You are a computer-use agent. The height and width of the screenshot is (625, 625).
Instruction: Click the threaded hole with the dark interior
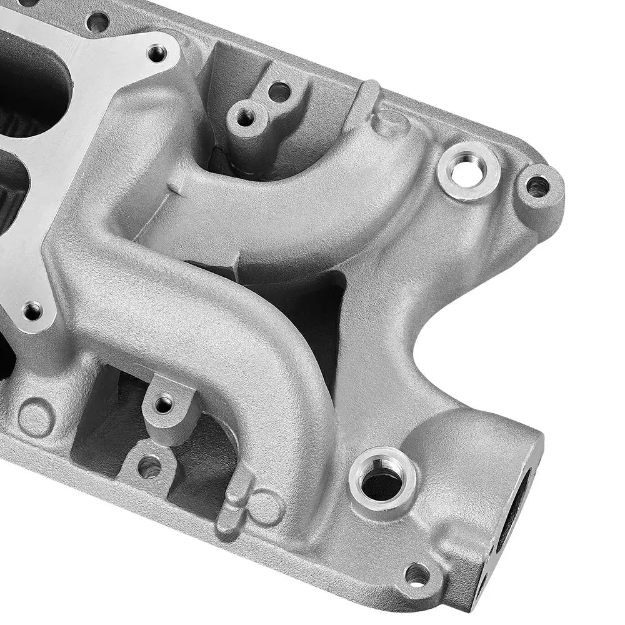(x=382, y=481)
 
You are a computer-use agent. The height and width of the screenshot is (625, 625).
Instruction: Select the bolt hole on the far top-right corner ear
(x=537, y=186)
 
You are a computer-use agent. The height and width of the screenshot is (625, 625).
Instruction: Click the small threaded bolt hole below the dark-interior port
(x=417, y=574)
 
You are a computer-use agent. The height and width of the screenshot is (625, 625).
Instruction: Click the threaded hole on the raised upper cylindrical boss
(x=246, y=116)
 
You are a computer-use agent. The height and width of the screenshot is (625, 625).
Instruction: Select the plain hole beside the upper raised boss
(x=279, y=92)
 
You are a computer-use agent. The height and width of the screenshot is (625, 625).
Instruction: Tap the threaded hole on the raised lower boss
(x=164, y=404)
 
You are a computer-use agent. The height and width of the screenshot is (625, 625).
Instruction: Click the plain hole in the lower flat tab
(x=149, y=466)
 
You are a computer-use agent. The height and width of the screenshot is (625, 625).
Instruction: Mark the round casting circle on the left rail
(x=36, y=417)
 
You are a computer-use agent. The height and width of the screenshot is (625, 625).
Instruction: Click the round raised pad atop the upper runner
(x=391, y=122)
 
